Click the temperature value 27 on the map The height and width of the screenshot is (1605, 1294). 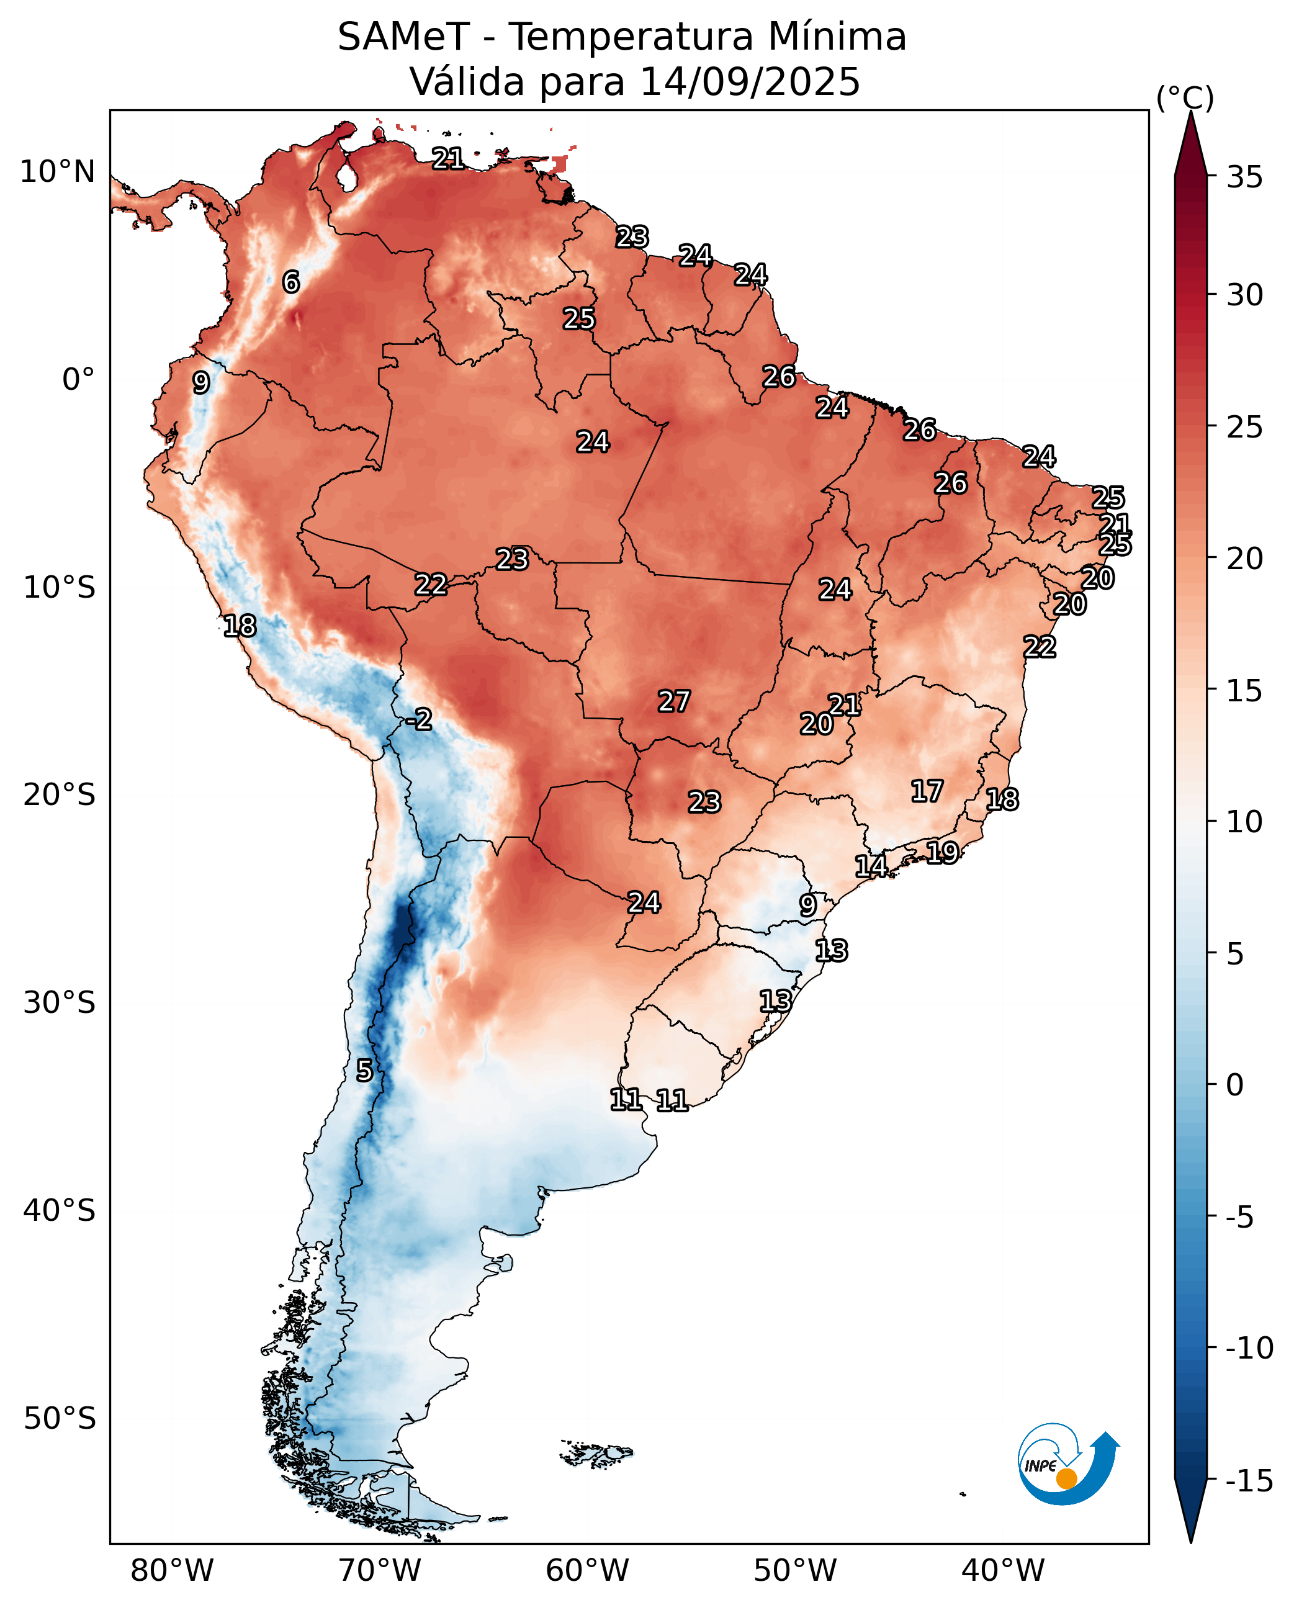[674, 701]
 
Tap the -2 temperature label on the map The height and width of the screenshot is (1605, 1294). [419, 719]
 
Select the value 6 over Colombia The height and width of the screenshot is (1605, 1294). [290, 282]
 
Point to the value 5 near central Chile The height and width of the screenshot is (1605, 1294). [364, 1071]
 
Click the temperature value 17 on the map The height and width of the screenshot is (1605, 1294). [927, 791]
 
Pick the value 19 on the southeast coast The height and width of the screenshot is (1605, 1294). [942, 852]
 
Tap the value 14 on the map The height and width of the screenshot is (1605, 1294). [871, 866]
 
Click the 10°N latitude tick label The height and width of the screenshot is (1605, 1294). [57, 172]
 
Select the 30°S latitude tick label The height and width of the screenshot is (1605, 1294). [60, 1002]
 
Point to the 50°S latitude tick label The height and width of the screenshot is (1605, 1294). [60, 1418]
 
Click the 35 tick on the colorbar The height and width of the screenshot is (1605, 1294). [1245, 178]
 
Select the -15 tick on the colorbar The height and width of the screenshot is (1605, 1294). [1249, 1480]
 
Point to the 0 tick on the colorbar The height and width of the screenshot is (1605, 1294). [1235, 1086]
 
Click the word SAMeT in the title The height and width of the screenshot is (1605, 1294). [403, 37]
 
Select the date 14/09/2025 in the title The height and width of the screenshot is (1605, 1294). [750, 81]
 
